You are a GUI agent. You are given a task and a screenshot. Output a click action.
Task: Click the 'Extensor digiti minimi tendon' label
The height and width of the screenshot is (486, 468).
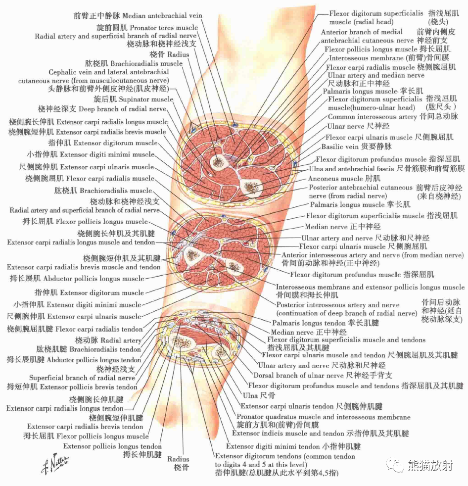(293, 446)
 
